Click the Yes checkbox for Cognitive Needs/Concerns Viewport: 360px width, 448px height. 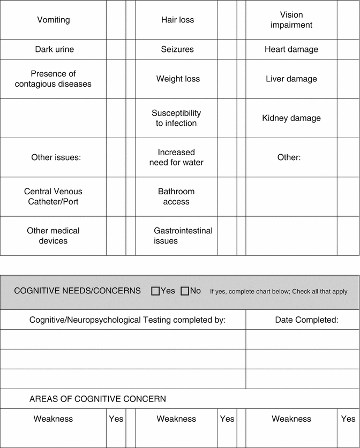(156, 291)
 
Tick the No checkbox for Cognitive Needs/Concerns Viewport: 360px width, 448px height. (185, 291)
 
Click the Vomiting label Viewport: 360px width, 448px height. (54, 20)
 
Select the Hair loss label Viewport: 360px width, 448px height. (177, 20)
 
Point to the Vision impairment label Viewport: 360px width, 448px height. (291, 20)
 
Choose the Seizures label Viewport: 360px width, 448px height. (177, 49)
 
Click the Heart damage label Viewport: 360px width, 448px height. (291, 49)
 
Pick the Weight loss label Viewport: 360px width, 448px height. (178, 79)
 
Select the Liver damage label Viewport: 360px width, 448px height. (291, 79)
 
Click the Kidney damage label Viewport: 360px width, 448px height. (291, 118)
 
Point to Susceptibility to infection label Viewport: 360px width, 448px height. (176, 118)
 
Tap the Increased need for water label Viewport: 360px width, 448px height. (176, 157)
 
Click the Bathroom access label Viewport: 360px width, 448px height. (176, 196)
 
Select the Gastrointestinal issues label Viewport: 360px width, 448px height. (183, 236)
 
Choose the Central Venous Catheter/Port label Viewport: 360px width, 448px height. (53, 196)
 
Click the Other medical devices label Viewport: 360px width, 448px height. (53, 236)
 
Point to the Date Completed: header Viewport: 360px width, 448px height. (306, 320)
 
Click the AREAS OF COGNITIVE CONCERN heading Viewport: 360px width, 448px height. (97, 399)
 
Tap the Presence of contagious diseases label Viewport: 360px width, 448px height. (53, 79)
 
